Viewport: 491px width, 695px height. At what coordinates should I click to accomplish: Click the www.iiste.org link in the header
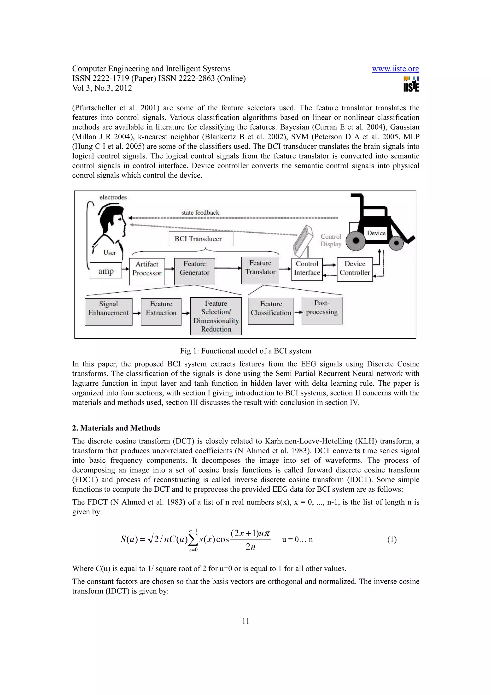pyautogui.click(x=395, y=69)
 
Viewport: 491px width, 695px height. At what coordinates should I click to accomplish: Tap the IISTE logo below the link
pyautogui.click(x=411, y=84)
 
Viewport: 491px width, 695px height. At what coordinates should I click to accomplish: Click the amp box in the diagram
pyautogui.click(x=106, y=270)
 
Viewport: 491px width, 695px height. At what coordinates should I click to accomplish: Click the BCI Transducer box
pyautogui.click(x=201, y=239)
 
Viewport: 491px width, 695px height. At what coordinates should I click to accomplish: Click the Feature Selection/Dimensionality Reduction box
pyautogui.click(x=216, y=316)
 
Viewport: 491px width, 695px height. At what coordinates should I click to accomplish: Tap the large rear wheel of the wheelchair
pyautogui.click(x=356, y=241)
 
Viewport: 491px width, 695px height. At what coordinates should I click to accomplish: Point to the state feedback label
pyautogui.click(x=200, y=212)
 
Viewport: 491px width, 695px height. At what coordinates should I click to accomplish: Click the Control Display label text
pyautogui.click(x=331, y=240)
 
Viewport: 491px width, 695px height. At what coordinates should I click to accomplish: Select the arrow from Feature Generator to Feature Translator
pyautogui.click(x=228, y=268)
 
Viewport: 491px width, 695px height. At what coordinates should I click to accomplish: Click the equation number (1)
pyautogui.click(x=392, y=539)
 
